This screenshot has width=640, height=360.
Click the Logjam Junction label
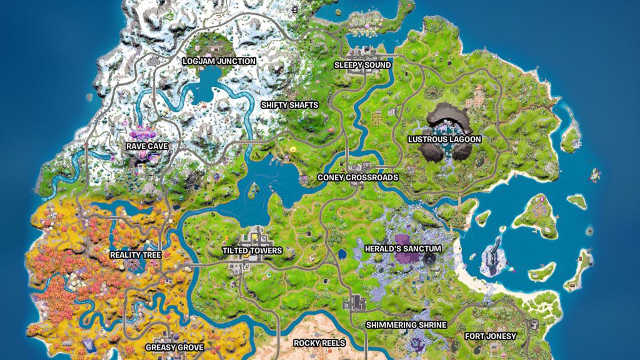click(x=219, y=61)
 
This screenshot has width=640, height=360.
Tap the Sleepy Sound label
click(x=362, y=65)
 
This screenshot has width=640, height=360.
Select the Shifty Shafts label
click(x=290, y=105)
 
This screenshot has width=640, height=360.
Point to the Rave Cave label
click(x=147, y=146)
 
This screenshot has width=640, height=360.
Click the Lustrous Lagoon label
click(x=444, y=139)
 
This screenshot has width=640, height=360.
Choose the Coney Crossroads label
click(x=358, y=177)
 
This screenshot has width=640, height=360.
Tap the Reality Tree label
click(x=136, y=255)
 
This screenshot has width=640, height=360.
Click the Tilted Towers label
click(x=252, y=251)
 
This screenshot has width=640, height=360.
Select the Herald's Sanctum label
click(x=403, y=248)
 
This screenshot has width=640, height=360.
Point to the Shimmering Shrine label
click(x=406, y=325)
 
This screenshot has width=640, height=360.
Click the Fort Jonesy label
click(x=490, y=336)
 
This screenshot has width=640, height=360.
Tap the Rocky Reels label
click(x=319, y=343)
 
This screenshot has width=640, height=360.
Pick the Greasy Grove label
click(x=174, y=347)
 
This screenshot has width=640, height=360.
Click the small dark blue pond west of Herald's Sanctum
click(x=342, y=254)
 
